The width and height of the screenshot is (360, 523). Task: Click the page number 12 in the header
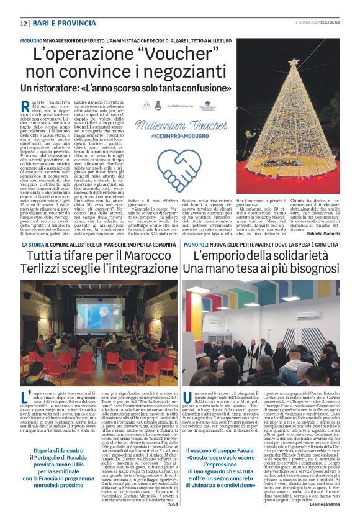(24, 23)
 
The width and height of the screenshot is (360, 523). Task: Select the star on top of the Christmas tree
(293, 63)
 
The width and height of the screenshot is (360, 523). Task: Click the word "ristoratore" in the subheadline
(54, 88)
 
